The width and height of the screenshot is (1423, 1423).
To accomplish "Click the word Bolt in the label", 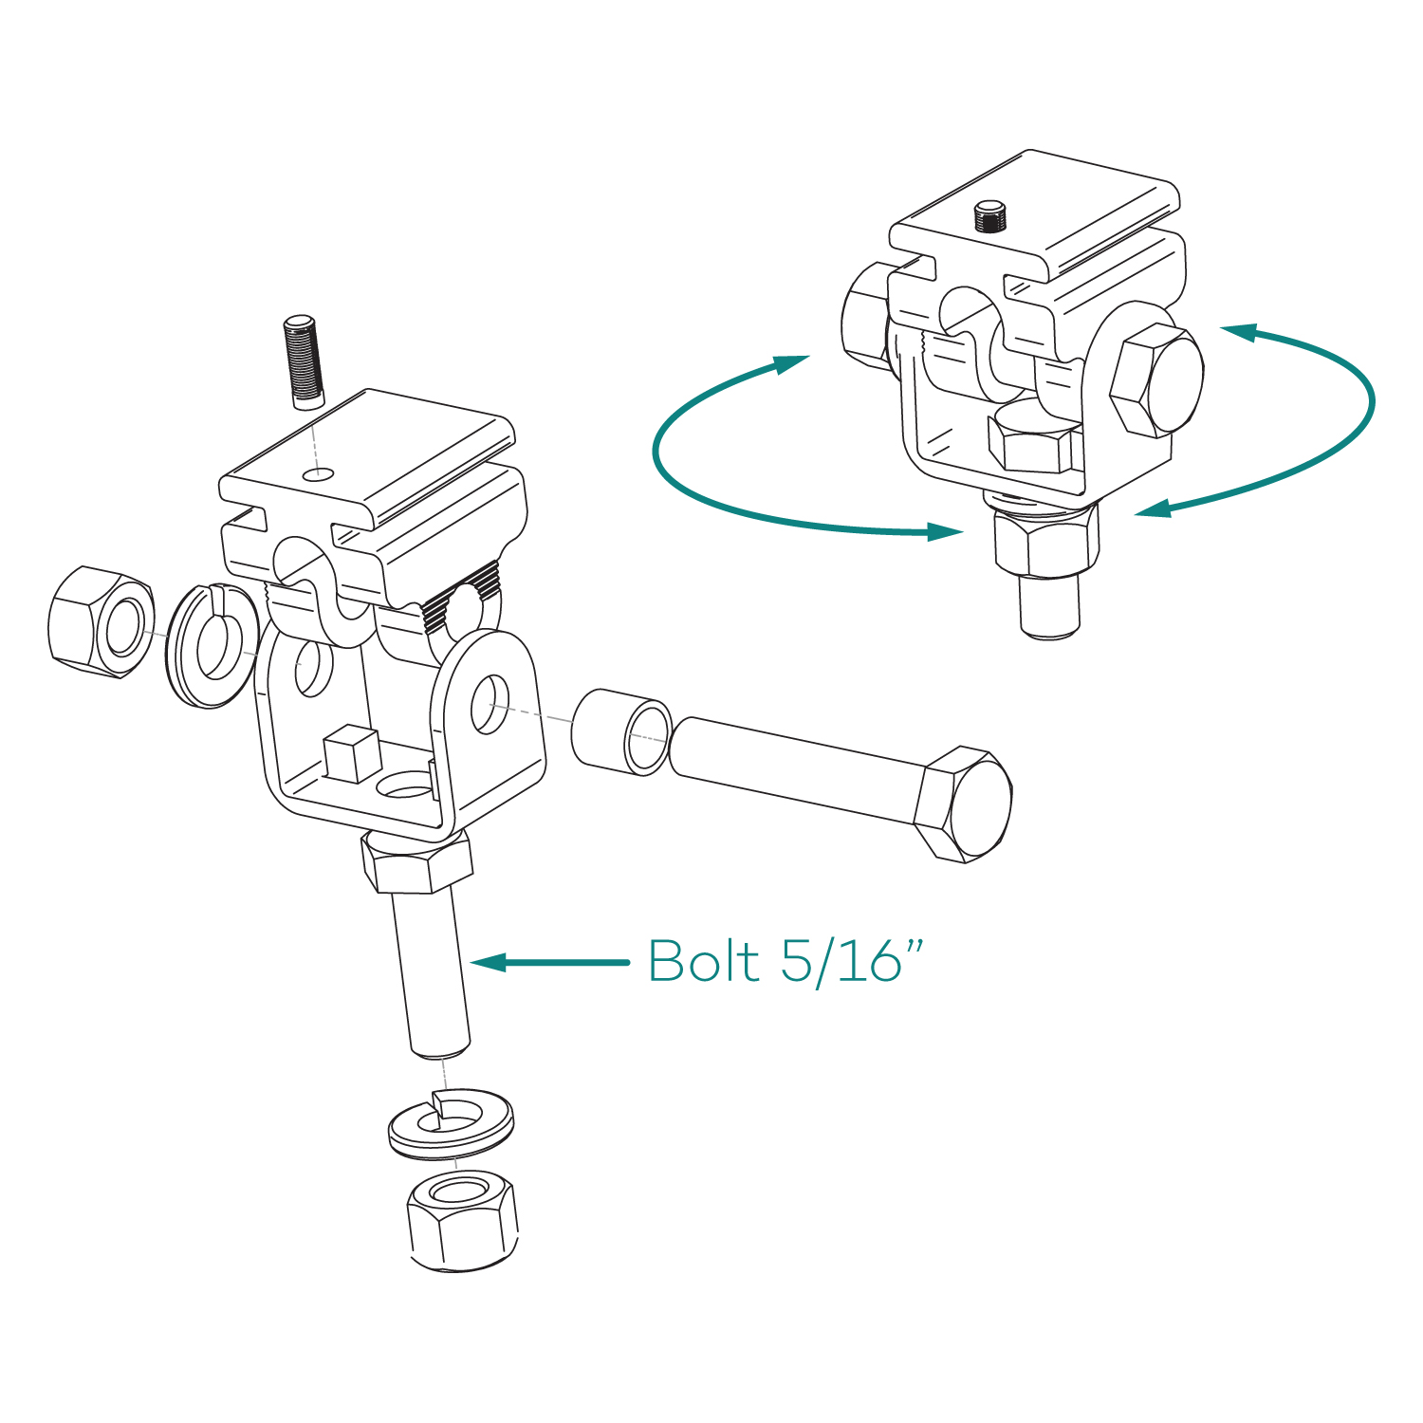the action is point(703,962).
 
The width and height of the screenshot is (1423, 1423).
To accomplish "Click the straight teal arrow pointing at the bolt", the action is point(549,963).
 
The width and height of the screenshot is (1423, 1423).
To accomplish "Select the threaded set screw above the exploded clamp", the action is point(303,361).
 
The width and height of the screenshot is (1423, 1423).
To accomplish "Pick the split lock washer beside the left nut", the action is point(213,645).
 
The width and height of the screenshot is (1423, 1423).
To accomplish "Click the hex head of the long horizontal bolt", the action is point(964,804).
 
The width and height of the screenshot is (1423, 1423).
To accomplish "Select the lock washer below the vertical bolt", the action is point(452,1124).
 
